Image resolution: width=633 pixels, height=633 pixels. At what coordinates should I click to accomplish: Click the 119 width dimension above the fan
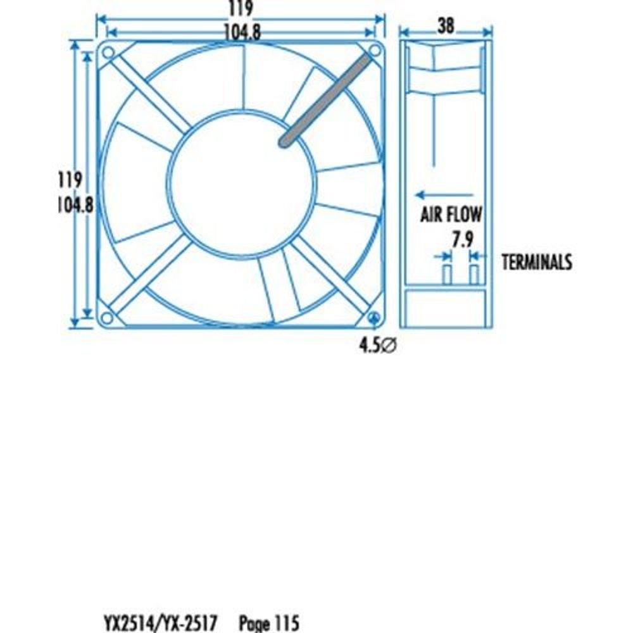point(240,9)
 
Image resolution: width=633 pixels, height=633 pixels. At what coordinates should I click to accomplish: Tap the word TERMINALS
point(537,261)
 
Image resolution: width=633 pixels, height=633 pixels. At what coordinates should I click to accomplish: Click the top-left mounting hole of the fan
point(108,51)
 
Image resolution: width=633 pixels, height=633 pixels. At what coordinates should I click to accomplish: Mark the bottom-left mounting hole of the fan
point(107,316)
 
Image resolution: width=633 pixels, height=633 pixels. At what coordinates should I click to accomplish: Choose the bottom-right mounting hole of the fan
point(373,317)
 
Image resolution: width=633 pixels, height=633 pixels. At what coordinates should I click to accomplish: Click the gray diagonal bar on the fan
point(326,99)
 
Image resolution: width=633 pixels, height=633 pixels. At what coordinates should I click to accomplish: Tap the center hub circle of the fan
point(241,184)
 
